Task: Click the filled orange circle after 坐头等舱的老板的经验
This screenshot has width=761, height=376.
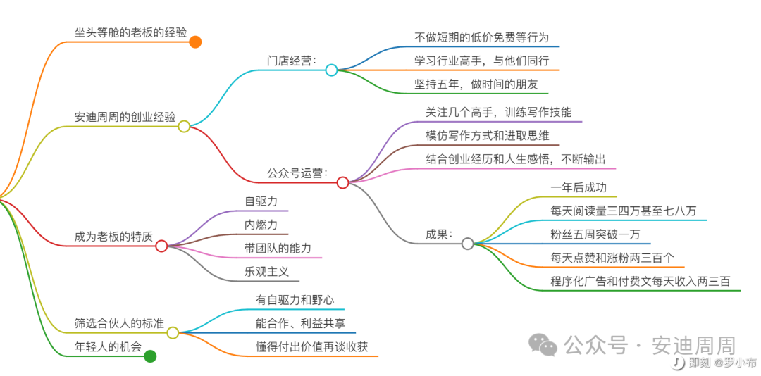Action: click(x=195, y=42)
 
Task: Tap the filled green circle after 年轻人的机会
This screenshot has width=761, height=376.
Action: click(x=150, y=356)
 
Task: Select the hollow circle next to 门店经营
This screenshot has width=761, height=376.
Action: click(x=331, y=70)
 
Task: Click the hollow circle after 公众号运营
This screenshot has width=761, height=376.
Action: click(x=342, y=182)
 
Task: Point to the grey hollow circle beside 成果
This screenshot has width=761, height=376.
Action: click(x=467, y=244)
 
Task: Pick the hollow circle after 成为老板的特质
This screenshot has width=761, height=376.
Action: click(x=161, y=246)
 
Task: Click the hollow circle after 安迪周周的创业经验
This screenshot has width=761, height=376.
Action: click(x=184, y=126)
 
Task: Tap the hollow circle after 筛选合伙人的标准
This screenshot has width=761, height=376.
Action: click(x=173, y=332)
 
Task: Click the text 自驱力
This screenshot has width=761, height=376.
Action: click(x=261, y=201)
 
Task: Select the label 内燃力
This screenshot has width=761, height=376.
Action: click(x=261, y=225)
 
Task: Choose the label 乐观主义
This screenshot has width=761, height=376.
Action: click(x=266, y=271)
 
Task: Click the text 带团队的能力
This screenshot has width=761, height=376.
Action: click(x=278, y=248)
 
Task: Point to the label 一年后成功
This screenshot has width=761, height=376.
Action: click(x=578, y=188)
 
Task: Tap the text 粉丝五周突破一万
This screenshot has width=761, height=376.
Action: click(x=595, y=234)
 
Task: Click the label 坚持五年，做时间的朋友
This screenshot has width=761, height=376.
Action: click(x=476, y=84)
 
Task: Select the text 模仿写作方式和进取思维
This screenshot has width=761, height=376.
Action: click(x=488, y=136)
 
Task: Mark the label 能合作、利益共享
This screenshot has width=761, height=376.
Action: click(x=300, y=323)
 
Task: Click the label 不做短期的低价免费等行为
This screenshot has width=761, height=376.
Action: click(x=482, y=37)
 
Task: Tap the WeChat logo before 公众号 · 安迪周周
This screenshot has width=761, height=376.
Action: click(x=544, y=344)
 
